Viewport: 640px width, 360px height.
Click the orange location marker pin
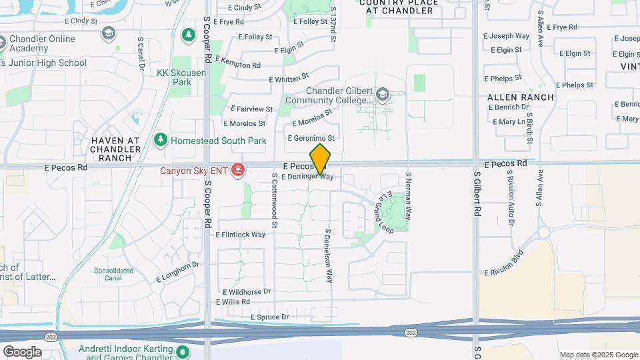(x=320, y=159)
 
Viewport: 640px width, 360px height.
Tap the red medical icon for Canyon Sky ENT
(x=237, y=171)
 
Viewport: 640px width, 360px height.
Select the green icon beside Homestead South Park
(x=160, y=141)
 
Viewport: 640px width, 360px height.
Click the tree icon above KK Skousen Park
(x=189, y=34)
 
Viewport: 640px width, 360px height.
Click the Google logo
(x=22, y=352)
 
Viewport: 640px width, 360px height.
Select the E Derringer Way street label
(x=307, y=177)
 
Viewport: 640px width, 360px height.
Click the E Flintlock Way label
(x=240, y=235)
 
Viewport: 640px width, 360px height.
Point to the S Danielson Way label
(x=328, y=257)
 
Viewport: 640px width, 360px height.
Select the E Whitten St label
(x=289, y=79)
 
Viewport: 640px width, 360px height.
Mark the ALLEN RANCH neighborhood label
(x=520, y=97)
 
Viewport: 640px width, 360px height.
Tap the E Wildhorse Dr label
(x=247, y=292)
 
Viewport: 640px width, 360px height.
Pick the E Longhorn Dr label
(x=177, y=272)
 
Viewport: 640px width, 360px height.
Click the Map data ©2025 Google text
(x=599, y=355)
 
